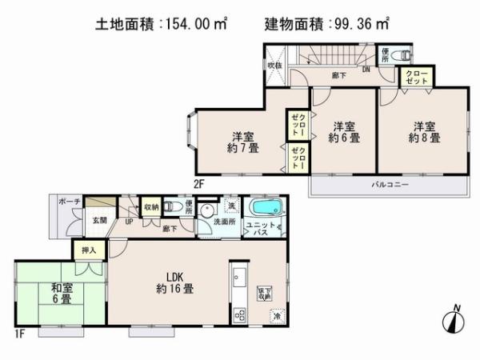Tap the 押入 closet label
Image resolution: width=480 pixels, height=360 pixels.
point(89,250)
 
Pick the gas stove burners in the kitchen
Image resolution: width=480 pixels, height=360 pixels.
point(238,314)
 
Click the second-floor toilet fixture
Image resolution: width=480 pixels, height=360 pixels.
point(403,56)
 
